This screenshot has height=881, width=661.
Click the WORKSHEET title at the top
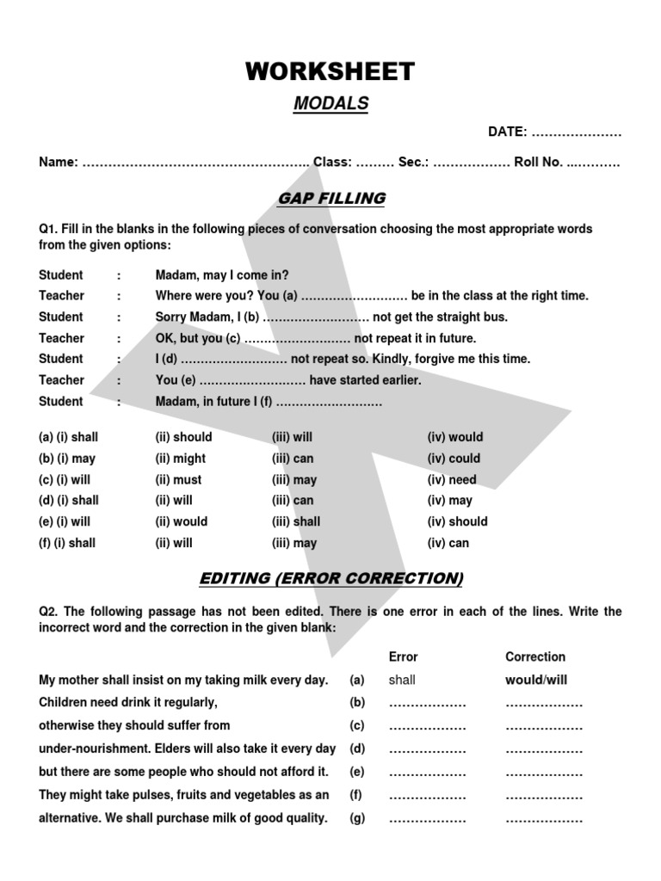pos(330,71)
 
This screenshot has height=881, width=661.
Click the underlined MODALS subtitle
pos(330,104)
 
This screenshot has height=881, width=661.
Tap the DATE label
pos(507,132)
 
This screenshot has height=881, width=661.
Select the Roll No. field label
pos(538,162)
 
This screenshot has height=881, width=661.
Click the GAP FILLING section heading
pos(330,199)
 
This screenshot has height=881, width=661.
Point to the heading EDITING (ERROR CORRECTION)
pos(330,578)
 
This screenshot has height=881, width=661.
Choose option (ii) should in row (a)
pos(183,437)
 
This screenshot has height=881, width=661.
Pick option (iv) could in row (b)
pos(454,459)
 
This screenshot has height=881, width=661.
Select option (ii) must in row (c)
pos(178,480)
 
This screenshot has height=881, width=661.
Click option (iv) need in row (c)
pos(451,480)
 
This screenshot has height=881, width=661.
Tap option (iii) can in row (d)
pos(293,501)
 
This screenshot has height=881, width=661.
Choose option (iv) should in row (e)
pos(457,521)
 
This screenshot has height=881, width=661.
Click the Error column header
pos(403,656)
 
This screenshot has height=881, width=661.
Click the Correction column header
pos(534,656)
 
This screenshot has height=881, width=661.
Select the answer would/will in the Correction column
pos(536,680)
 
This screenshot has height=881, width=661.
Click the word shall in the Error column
pos(402,680)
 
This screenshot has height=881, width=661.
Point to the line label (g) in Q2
pos(357,819)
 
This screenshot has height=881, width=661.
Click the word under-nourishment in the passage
pos(94,749)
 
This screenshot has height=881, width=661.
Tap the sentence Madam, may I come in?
pos(222,275)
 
